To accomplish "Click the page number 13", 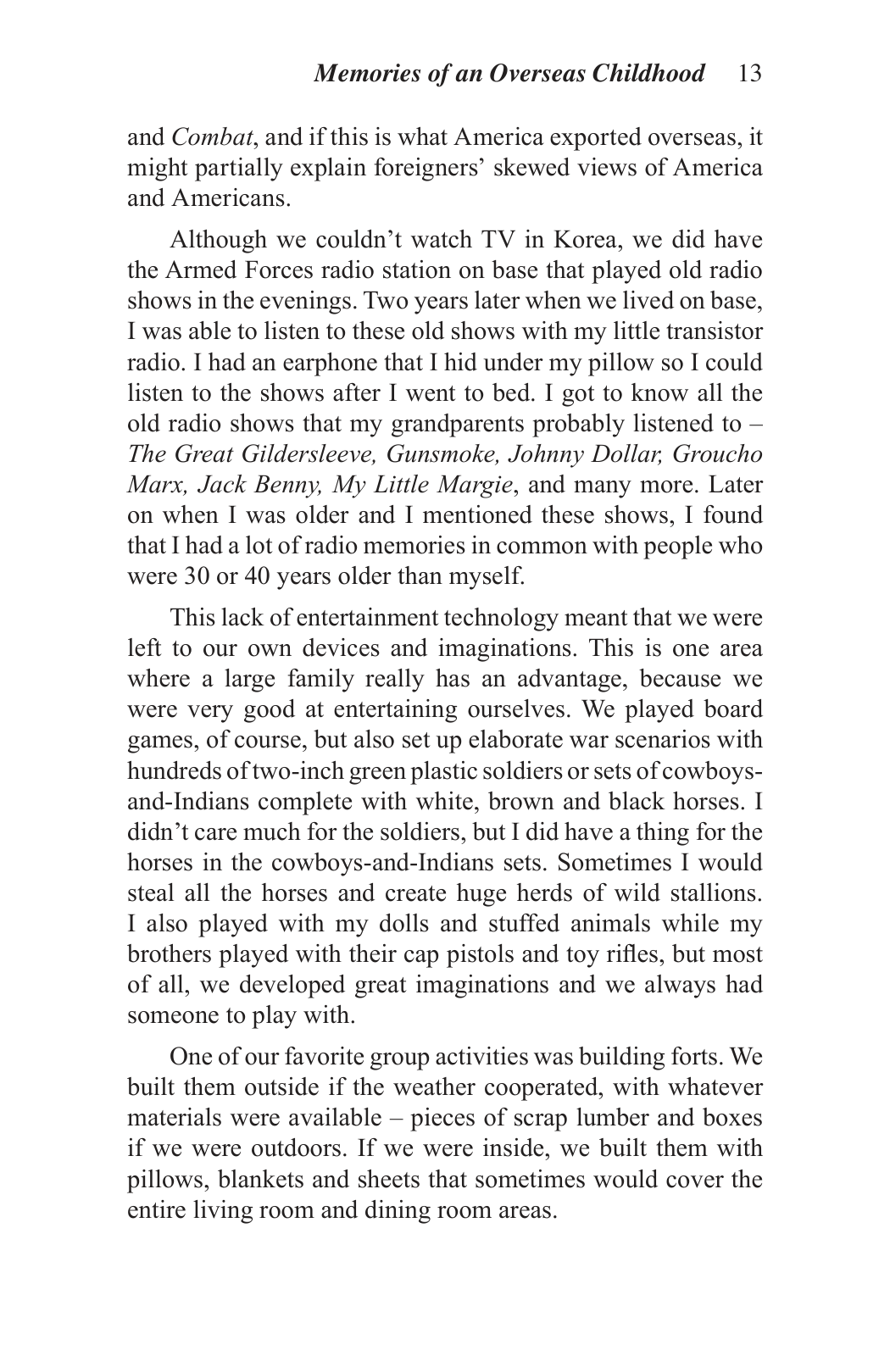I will [x=749, y=74].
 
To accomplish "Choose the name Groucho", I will [x=717, y=454].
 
